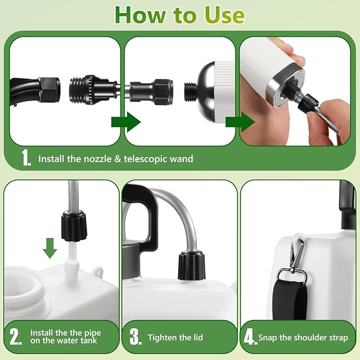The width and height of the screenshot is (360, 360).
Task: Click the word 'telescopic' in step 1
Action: [156, 158]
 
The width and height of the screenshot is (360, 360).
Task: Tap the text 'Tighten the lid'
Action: [175, 337]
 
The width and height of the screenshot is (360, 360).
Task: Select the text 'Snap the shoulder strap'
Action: [303, 337]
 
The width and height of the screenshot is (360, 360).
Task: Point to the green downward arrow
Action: [49, 248]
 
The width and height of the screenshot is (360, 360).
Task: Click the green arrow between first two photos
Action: [126, 122]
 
